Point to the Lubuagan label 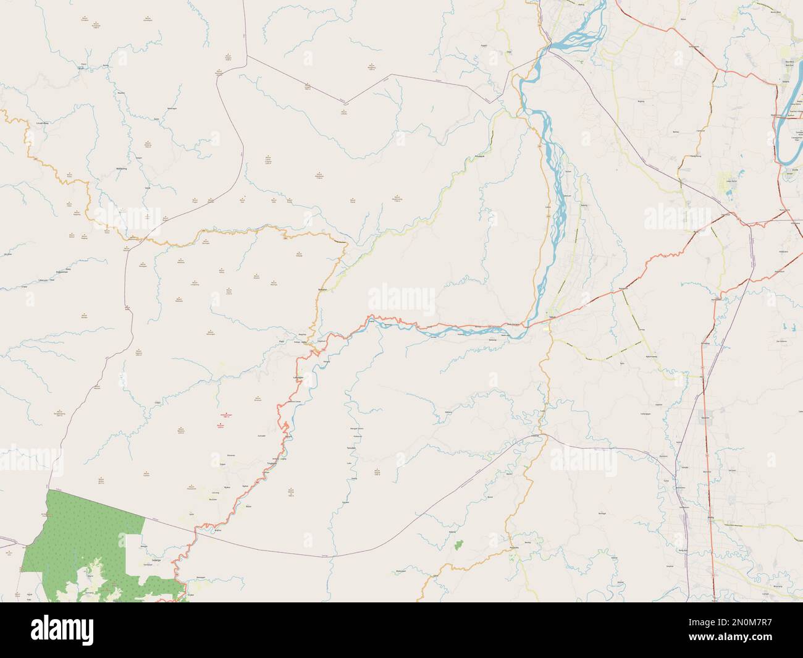coord(301,378)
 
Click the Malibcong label coord(121,168)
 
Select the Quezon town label coord(706,415)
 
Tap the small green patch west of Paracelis coord(458,544)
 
